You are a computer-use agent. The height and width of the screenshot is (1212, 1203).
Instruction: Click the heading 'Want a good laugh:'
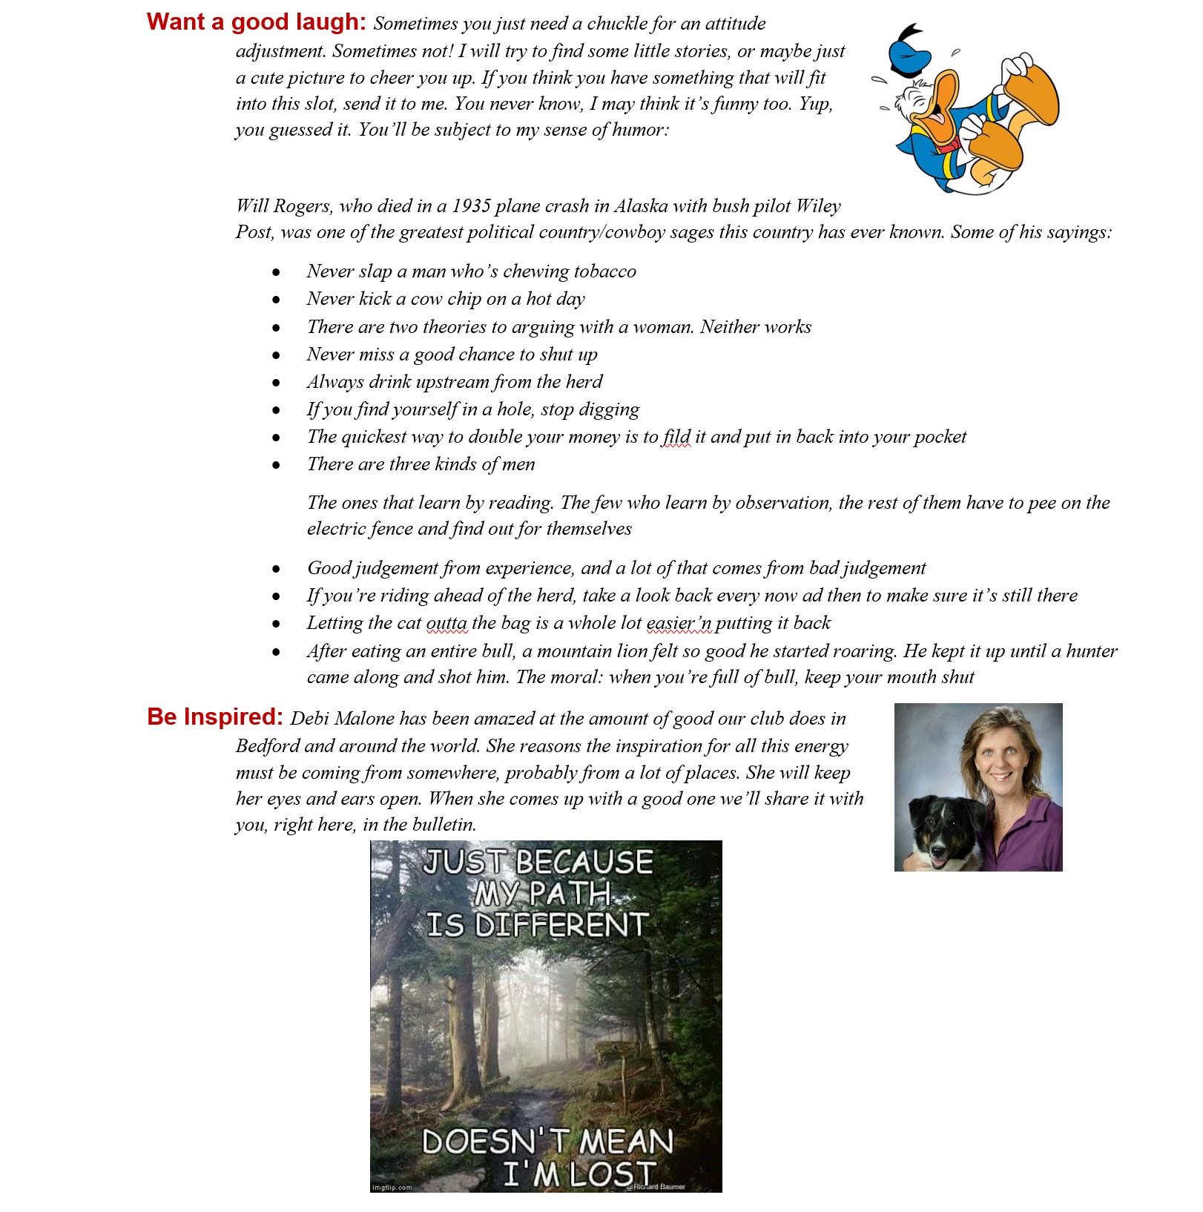[x=256, y=22]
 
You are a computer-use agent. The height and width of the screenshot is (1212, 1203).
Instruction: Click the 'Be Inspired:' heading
[x=215, y=717]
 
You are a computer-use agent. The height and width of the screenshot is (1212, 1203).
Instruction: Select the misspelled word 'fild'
[x=676, y=437]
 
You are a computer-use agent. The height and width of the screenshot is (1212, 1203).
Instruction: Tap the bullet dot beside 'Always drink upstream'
[x=276, y=383]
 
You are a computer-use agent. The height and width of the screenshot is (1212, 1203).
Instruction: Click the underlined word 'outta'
[x=446, y=623]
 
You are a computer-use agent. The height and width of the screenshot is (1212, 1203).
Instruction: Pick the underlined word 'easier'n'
[x=679, y=623]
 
